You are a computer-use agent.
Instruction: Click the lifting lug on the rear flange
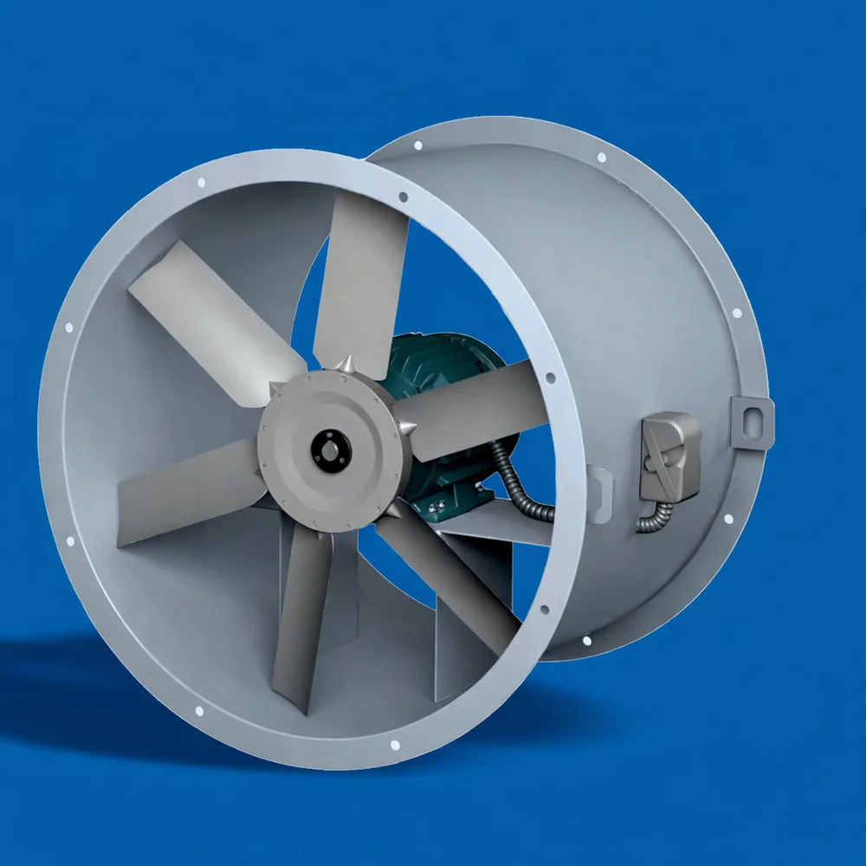[752, 422]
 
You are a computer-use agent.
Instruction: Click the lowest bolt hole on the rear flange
[587, 641]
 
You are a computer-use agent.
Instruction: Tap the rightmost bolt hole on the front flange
[551, 378]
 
